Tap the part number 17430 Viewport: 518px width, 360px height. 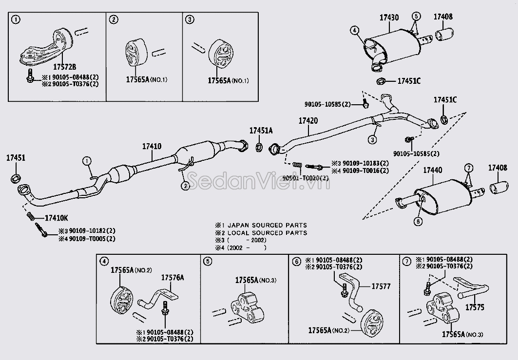(x=389, y=18)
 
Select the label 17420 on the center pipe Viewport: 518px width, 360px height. (x=308, y=120)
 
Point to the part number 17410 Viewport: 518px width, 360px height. (x=152, y=146)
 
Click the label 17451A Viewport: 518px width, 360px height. (x=261, y=131)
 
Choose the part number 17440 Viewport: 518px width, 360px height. (x=432, y=170)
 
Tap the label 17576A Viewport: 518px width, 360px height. (x=173, y=278)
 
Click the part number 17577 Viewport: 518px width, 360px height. (x=381, y=286)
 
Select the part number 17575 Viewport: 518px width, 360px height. (x=475, y=307)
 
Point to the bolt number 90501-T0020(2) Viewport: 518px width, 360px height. (x=306, y=178)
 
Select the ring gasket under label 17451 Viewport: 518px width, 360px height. (x=15, y=177)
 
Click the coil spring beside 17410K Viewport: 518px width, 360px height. (x=30, y=216)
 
